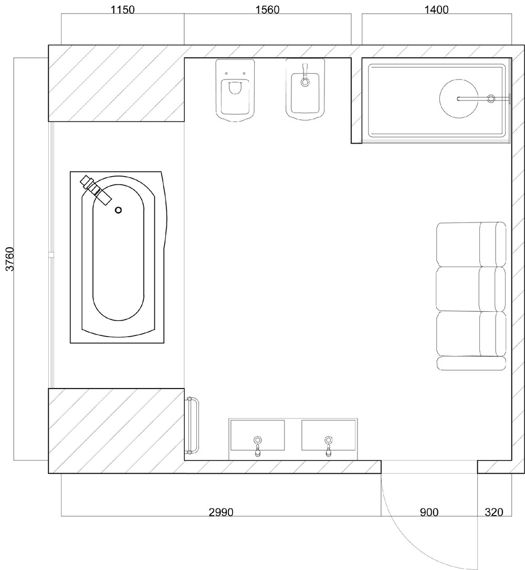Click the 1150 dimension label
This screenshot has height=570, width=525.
(122, 9)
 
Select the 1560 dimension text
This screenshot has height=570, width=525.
(267, 9)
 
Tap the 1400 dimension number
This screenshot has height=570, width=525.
(436, 9)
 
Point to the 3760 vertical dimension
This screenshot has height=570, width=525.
(10, 259)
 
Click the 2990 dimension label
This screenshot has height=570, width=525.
(221, 512)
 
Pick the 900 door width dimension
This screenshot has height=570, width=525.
(429, 512)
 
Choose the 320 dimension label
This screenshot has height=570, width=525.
(494, 512)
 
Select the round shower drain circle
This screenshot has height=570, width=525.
(458, 98)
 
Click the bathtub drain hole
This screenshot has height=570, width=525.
(118, 210)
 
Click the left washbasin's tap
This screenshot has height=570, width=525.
(257, 445)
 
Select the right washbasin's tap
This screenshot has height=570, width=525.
(328, 445)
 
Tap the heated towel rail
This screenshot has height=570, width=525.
(193, 426)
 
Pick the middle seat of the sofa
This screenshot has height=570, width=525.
(470, 289)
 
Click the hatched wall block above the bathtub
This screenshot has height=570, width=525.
(116, 83)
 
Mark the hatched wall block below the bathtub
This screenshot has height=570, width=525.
(116, 431)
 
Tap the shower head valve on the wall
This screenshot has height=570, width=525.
(491, 98)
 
